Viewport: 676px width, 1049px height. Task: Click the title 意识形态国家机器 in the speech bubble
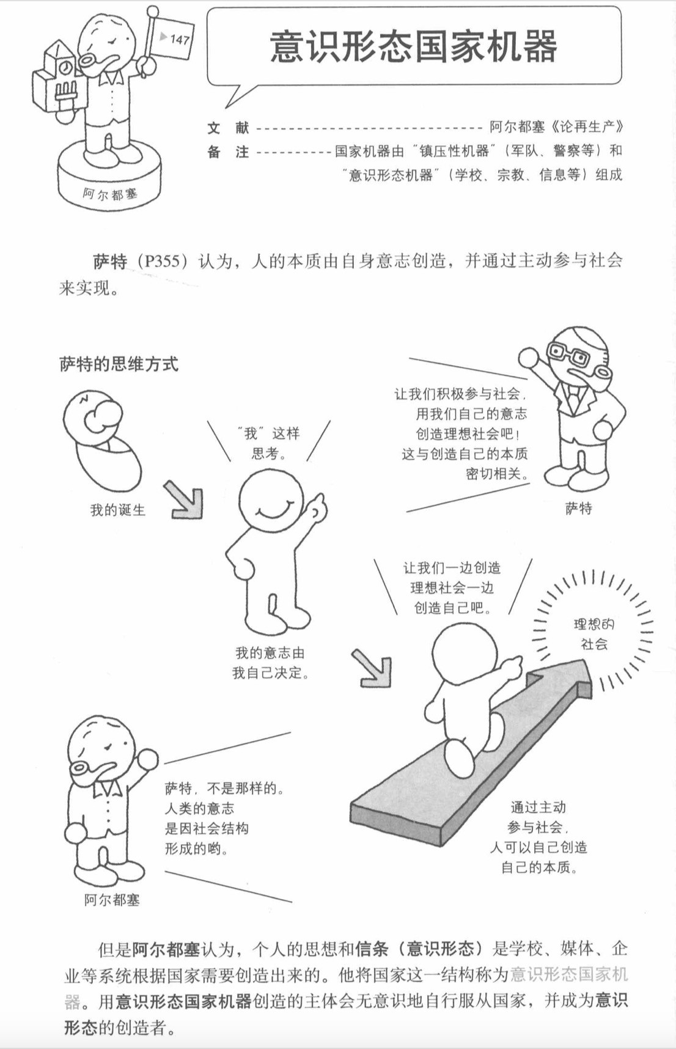pos(413,47)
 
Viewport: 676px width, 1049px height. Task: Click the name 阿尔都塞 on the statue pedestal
pos(111,195)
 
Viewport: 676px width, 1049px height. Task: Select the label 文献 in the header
pos(228,128)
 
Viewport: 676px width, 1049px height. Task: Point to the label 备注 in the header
pos(228,152)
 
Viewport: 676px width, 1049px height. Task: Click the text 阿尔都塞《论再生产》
pos(556,127)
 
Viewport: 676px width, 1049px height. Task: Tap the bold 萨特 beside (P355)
pos(110,262)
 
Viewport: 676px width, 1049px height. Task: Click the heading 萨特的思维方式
pos(119,364)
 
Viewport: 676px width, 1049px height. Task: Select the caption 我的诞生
pos(118,510)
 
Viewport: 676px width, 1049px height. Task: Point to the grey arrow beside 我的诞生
pos(184,499)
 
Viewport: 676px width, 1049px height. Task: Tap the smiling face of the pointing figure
pos(270,501)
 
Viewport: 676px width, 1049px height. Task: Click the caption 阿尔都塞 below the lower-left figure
pos(112,900)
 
